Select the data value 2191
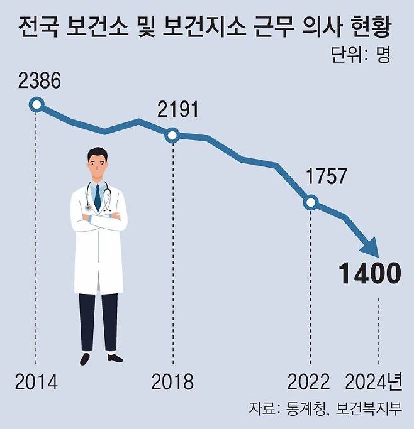178,110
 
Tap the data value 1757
326,176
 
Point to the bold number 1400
369,274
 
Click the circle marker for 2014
36,105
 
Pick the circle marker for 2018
173,134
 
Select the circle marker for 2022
310,202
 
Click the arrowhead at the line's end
371,247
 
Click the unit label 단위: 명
361,55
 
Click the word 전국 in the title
40,28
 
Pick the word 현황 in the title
371,28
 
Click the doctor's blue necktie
98,197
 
